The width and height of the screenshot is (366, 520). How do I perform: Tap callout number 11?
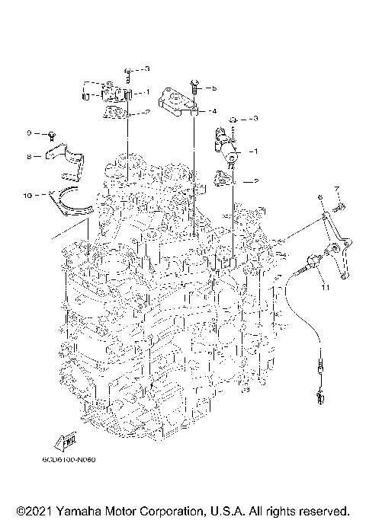coord(324,289)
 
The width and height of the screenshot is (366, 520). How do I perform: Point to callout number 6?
coord(321,197)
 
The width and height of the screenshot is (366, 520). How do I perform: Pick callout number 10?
coord(27,195)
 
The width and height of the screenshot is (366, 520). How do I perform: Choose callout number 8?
coord(27,157)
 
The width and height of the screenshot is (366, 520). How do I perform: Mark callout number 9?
coord(28,133)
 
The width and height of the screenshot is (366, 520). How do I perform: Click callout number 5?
coord(214,88)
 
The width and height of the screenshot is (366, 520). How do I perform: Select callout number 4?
coord(214,111)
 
